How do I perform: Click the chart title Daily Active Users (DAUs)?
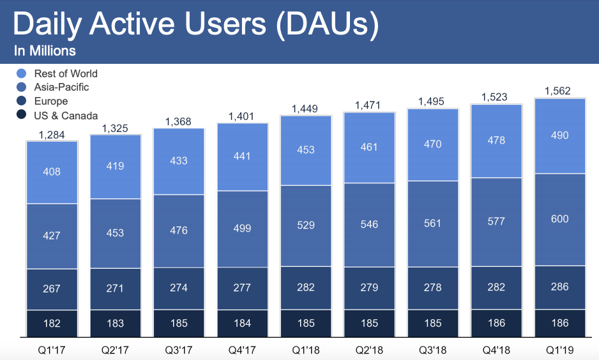point(195,24)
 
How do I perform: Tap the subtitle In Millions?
point(45,51)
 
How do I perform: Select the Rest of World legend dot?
point(21,74)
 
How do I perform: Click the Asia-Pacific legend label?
point(61,87)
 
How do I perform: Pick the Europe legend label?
point(51,101)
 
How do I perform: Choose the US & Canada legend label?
point(66,116)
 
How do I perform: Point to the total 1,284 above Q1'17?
point(52,134)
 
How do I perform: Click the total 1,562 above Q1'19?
point(557,91)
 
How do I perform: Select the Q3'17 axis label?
point(179,350)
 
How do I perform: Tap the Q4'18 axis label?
point(496,350)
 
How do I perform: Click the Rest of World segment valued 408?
point(52,172)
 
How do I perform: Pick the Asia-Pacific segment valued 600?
point(559,219)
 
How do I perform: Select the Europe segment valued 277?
point(242,289)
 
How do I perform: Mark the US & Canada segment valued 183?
point(116,323)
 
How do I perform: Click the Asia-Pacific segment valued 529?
point(306,225)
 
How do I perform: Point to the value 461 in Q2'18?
point(369,147)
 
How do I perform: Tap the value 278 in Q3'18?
point(433,288)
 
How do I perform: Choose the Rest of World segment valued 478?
point(496,140)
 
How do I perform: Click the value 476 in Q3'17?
point(179,230)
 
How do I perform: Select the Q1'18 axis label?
point(306,350)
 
